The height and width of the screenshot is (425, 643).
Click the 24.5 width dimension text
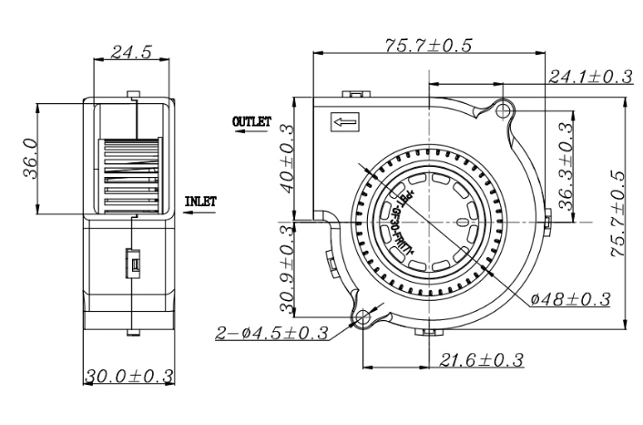(131, 52)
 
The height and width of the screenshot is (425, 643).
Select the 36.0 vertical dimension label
(29, 157)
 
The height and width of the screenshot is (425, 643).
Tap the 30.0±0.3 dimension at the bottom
(130, 376)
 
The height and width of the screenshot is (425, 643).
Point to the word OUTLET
(251, 120)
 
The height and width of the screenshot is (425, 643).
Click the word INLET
(200, 202)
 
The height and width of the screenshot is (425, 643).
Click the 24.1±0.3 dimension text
(589, 78)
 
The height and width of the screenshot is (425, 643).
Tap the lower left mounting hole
(362, 318)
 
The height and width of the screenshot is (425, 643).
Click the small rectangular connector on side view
(131, 264)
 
